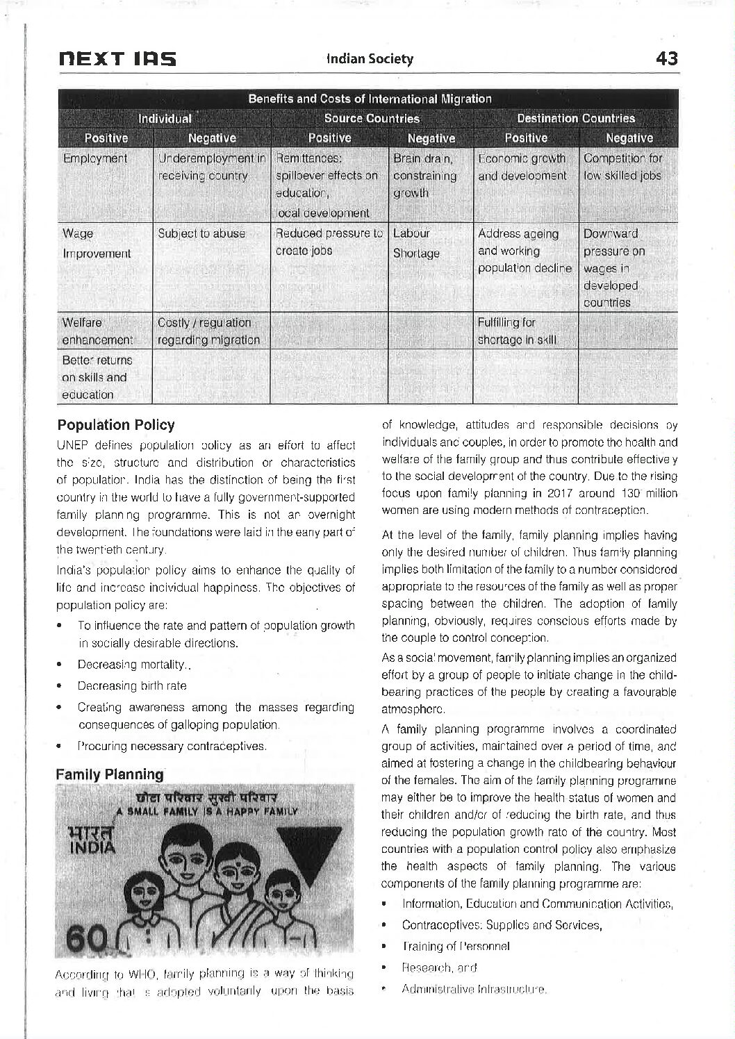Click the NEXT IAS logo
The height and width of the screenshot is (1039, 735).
tap(116, 59)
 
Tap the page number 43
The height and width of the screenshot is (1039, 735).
tap(666, 59)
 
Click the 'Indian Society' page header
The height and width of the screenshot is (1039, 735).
tap(370, 59)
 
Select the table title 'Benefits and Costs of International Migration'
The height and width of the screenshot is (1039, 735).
tap(370, 99)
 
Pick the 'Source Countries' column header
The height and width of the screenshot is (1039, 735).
tap(372, 118)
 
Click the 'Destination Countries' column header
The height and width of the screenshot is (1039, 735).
tap(576, 118)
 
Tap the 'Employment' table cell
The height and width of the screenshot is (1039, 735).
tap(95, 158)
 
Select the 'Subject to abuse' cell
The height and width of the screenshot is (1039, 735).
tap(201, 233)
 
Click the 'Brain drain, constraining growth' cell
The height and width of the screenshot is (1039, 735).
tap(424, 176)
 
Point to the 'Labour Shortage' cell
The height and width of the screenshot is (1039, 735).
tap(416, 243)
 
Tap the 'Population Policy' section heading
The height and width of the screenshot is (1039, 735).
tap(115, 424)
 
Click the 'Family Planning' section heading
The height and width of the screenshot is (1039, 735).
tap(110, 774)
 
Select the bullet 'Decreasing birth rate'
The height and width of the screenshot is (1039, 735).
tap(132, 685)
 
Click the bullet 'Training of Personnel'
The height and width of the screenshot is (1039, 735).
tap(456, 946)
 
